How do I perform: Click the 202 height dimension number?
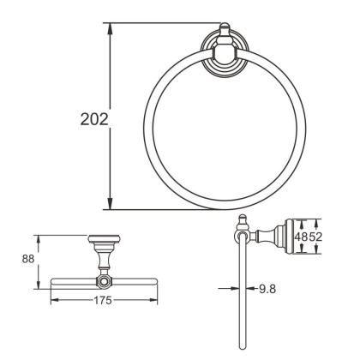pos(90,118)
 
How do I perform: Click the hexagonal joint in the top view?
pos(104,280)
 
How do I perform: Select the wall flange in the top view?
pos(104,239)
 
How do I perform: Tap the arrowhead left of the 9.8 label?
pos(249,290)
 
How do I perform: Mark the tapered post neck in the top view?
pos(104,257)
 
